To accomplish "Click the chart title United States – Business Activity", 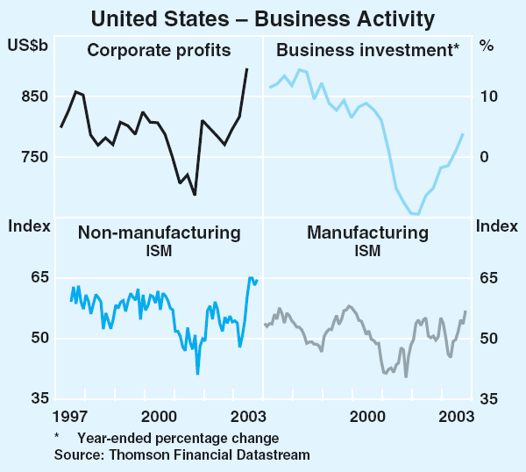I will click(x=263, y=16).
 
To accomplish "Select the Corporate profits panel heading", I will click(x=159, y=51).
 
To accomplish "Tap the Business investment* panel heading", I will click(x=367, y=51).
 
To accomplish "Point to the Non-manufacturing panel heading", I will click(x=159, y=233).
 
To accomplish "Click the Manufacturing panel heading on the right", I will click(x=367, y=233).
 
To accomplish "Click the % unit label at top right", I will click(x=487, y=45).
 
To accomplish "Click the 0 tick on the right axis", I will click(x=481, y=157).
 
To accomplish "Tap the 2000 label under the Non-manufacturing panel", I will click(x=160, y=414).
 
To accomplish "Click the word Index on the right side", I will click(x=497, y=226).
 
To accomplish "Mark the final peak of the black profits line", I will click(x=246, y=68).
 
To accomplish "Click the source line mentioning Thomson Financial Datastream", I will click(x=181, y=454).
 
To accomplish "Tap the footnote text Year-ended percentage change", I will click(x=177, y=438).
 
